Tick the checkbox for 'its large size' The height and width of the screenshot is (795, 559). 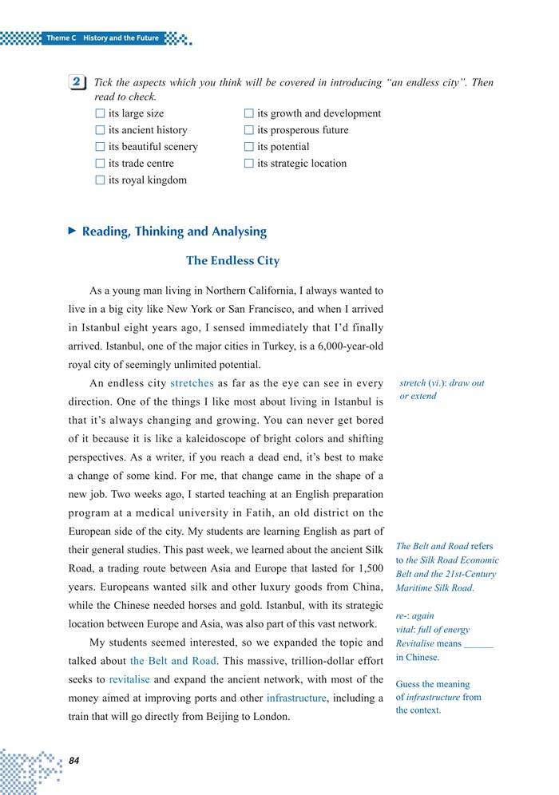(x=100, y=114)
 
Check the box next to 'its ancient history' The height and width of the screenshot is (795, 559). (x=100, y=130)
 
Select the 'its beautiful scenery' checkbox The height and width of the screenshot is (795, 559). (x=100, y=147)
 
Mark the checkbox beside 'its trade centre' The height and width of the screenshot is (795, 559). (x=100, y=164)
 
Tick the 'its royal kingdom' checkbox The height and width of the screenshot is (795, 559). (x=100, y=180)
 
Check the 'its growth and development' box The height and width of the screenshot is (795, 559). (x=249, y=114)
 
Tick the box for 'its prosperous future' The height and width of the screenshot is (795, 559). (x=249, y=130)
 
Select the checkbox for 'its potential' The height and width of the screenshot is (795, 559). (x=249, y=147)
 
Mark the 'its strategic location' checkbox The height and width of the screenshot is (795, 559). (x=249, y=164)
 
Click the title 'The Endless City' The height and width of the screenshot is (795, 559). (x=232, y=261)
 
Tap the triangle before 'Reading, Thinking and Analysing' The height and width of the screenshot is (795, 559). (x=72, y=231)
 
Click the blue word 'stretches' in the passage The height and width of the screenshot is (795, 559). (x=192, y=383)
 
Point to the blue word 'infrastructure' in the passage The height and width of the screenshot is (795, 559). (x=296, y=698)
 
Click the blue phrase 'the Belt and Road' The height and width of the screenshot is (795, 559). (x=172, y=661)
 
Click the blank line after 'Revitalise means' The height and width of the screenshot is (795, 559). (x=478, y=643)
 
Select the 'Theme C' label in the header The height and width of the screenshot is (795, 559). (x=61, y=38)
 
